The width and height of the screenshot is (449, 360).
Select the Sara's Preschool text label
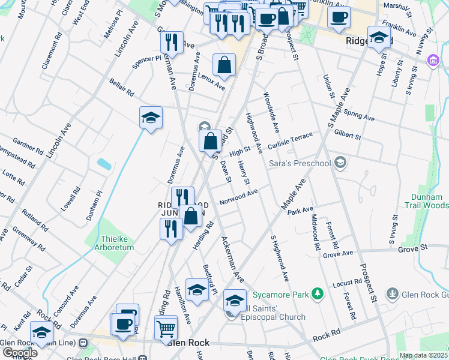click(x=302, y=163)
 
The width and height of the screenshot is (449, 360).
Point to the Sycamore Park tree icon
click(x=316, y=294)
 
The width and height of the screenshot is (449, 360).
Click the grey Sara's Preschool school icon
click(x=340, y=162)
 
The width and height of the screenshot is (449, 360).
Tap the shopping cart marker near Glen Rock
click(x=166, y=328)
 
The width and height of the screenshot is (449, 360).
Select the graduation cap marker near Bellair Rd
click(x=151, y=118)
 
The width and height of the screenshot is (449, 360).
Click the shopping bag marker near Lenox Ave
click(x=224, y=66)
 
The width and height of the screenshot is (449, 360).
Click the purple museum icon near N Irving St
click(x=432, y=61)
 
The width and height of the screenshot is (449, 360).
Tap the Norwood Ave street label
click(x=238, y=196)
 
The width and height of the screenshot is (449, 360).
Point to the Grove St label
click(x=412, y=247)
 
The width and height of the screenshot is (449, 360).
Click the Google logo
click(x=19, y=352)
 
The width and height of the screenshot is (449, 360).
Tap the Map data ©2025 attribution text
click(x=424, y=355)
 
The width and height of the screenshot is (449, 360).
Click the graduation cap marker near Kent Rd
click(x=41, y=333)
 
